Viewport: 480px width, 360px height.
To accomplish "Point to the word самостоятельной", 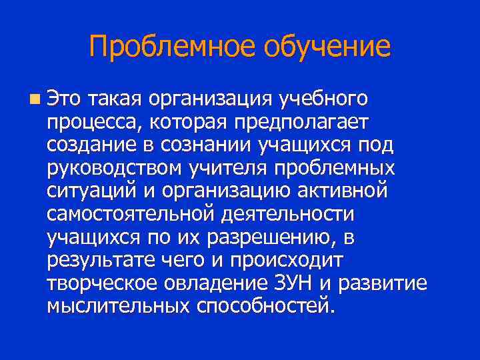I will click(127, 215).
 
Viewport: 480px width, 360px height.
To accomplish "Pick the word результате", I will click(105, 261).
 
